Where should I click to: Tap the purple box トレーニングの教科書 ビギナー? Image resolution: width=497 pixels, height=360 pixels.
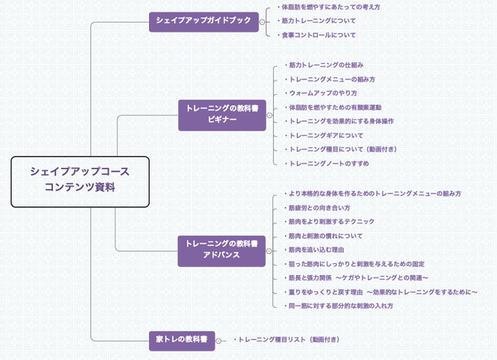click(x=222, y=114)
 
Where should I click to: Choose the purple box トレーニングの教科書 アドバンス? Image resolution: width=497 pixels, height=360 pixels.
click(x=221, y=250)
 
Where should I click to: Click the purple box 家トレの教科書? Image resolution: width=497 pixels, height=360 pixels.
click(x=182, y=341)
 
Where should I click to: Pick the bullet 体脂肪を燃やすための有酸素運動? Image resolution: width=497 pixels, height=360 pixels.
click(x=335, y=107)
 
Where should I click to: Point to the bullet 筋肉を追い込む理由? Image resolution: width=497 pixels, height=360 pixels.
click(x=317, y=250)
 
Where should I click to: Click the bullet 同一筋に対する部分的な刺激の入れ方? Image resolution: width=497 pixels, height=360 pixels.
click(x=341, y=306)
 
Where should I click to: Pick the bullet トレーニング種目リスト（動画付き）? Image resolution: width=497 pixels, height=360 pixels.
click(x=289, y=339)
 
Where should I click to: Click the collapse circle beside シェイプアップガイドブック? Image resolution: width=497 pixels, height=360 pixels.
click(x=262, y=22)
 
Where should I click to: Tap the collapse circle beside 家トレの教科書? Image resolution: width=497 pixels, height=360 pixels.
click(x=219, y=341)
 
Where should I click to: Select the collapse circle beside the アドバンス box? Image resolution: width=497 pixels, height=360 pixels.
click(x=269, y=251)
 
